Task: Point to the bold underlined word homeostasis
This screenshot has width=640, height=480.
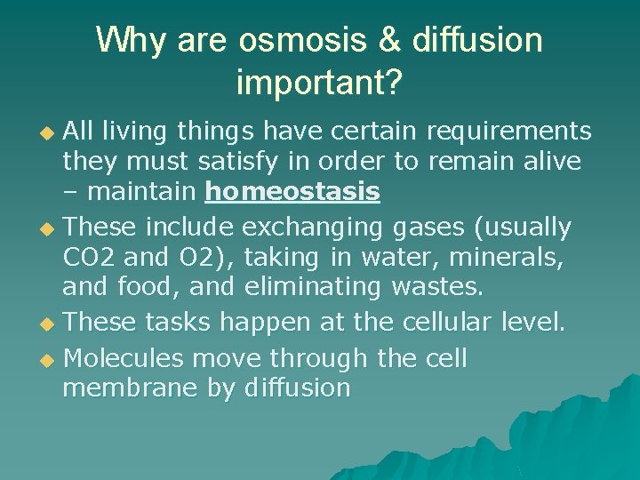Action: tap(292, 191)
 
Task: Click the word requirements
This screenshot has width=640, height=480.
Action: tap(508, 132)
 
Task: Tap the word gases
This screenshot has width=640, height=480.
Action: tap(425, 228)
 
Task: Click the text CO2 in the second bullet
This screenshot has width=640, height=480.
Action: tap(86, 257)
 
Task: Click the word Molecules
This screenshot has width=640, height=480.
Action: tap(124, 358)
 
